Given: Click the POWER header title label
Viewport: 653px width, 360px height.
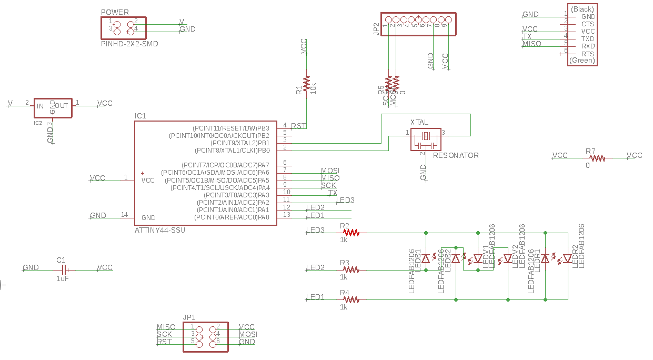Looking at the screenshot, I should pyautogui.click(x=114, y=12).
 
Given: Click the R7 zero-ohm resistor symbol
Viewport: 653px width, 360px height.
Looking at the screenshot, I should pyautogui.click(x=597, y=157).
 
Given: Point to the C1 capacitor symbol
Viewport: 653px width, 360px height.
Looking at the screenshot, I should pyautogui.click(x=62, y=268).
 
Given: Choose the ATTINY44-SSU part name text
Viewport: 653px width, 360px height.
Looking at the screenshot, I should pyautogui.click(x=160, y=230).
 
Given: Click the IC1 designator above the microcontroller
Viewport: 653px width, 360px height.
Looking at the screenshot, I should pyautogui.click(x=140, y=116).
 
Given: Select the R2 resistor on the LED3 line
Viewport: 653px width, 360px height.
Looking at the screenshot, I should pyautogui.click(x=350, y=232).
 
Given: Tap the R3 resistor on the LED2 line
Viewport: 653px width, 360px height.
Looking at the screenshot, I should pyautogui.click(x=350, y=269).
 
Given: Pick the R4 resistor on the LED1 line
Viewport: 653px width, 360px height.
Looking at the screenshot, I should pyautogui.click(x=350, y=299).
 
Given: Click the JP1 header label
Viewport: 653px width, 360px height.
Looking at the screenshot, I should pyautogui.click(x=189, y=317).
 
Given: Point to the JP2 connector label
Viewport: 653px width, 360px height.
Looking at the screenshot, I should pyautogui.click(x=376, y=28).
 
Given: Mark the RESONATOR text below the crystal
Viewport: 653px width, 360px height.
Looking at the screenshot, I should pyautogui.click(x=456, y=155).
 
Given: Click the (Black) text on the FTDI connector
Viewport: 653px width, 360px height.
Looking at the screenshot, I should pyautogui.click(x=582, y=9).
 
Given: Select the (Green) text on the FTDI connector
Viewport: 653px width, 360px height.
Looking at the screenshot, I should pyautogui.click(x=582, y=61).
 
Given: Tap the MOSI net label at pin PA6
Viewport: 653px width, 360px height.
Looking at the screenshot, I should pyautogui.click(x=330, y=171).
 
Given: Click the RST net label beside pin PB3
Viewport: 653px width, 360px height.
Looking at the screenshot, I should pyautogui.click(x=298, y=126).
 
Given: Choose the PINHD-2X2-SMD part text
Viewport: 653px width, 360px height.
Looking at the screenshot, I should pyautogui.click(x=129, y=44).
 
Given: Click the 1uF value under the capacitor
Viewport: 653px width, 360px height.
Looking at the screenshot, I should pyautogui.click(x=62, y=278).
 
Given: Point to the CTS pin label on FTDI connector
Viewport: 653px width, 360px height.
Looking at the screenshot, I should pyautogui.click(x=588, y=24).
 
